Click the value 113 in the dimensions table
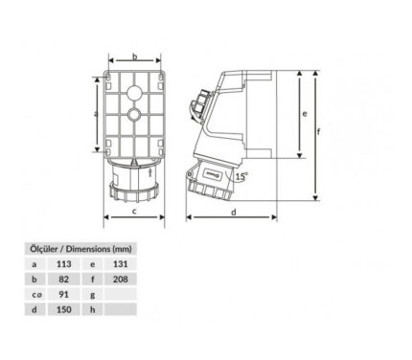(x=64, y=264)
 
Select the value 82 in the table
(x=64, y=280)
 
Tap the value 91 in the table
(x=64, y=294)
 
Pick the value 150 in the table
(x=64, y=309)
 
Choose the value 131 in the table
(x=121, y=264)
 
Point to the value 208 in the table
(x=121, y=280)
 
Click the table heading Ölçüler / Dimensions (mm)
(x=80, y=249)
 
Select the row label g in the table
(x=93, y=295)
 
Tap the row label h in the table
(x=93, y=309)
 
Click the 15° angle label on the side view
(x=241, y=176)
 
